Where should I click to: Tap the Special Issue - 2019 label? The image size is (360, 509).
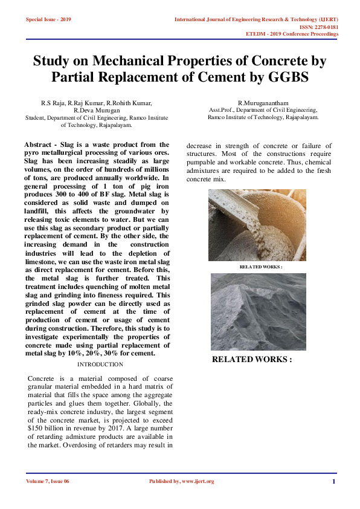(x=48, y=19)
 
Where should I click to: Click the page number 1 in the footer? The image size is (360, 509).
(x=333, y=481)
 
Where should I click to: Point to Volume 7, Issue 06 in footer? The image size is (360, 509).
(x=48, y=481)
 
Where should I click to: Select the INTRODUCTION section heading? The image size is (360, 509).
(x=100, y=365)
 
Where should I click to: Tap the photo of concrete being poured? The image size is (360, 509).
(x=257, y=225)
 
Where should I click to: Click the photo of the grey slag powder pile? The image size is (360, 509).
(x=258, y=312)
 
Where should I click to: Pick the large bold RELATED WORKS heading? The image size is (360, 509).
(x=252, y=359)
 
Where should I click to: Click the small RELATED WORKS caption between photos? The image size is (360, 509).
(x=261, y=267)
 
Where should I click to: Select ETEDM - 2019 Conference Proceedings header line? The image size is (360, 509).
(x=292, y=34)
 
